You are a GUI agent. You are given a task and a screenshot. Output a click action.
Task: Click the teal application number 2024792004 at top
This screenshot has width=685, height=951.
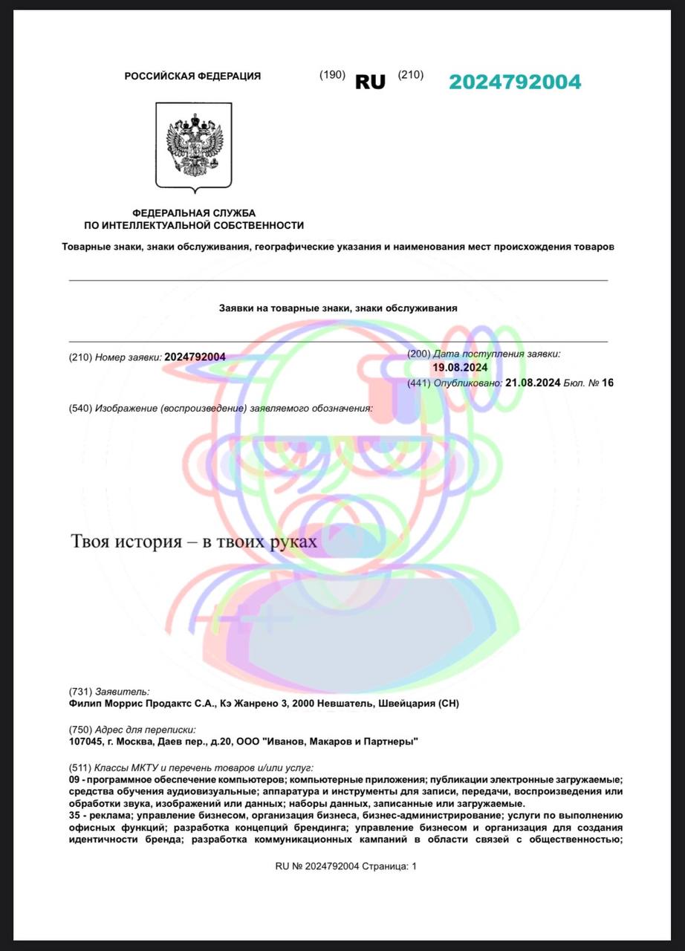point(515,82)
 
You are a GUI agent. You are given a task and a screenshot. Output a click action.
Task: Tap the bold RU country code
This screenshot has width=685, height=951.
point(370,82)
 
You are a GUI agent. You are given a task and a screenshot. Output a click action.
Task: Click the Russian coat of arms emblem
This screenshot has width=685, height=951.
point(194,146)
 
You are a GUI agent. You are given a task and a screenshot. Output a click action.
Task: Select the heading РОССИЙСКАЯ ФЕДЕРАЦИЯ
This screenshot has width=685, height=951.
point(192,76)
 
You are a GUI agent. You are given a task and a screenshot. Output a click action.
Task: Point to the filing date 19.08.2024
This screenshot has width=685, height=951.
point(460,367)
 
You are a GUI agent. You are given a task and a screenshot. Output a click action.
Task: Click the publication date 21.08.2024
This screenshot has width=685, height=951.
point(532,383)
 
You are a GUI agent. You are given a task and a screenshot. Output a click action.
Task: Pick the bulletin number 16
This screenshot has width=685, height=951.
point(608,383)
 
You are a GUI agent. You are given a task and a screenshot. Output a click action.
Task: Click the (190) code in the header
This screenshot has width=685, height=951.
point(332,74)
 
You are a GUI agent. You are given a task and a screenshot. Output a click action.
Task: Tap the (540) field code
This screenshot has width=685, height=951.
point(79,409)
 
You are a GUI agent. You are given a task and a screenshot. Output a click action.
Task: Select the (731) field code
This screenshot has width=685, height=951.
point(79,692)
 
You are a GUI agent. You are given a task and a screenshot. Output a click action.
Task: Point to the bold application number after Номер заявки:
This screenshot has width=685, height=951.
point(195,357)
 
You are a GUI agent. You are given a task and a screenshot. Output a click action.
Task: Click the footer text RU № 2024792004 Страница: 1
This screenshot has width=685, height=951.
point(346,866)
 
